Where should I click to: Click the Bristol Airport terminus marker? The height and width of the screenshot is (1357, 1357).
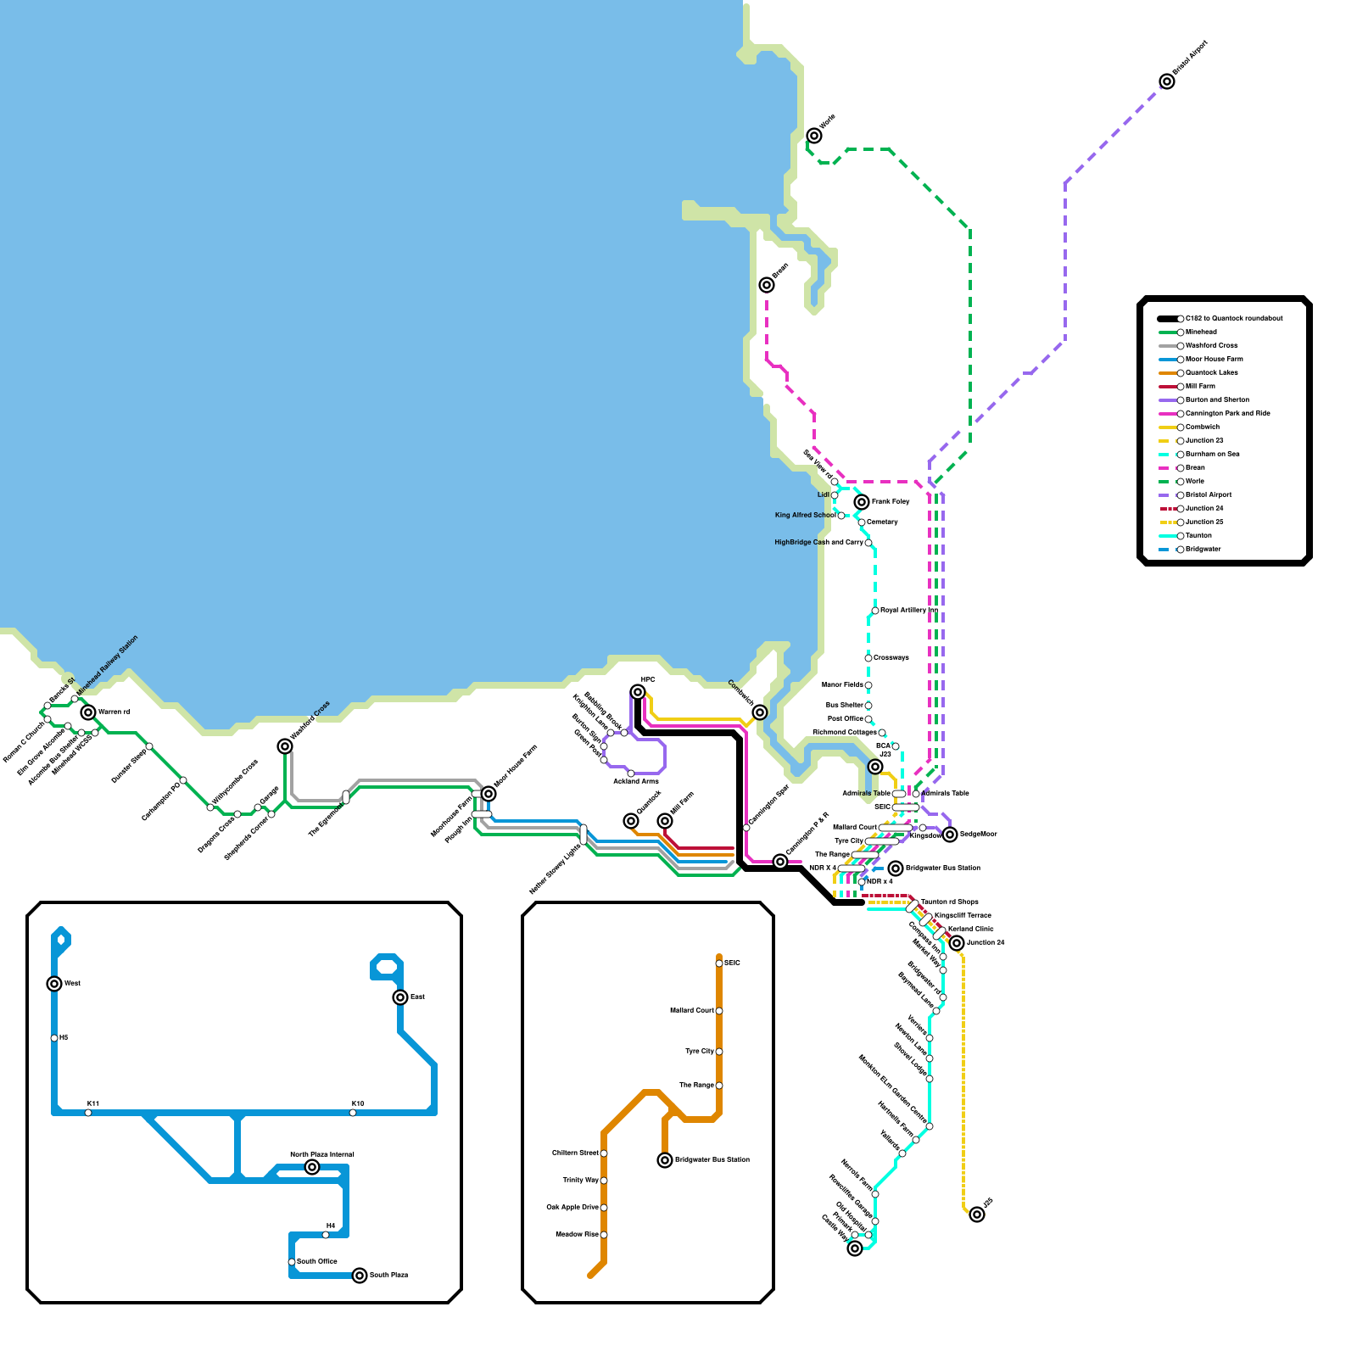[x=1167, y=81]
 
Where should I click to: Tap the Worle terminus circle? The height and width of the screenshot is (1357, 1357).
[x=814, y=136]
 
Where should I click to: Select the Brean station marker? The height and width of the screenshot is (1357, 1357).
[x=767, y=285]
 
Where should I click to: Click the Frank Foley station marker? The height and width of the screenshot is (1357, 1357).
[x=862, y=502]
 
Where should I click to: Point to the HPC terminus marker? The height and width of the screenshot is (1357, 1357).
[x=638, y=692]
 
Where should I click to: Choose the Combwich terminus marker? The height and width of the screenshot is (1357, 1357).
[x=760, y=712]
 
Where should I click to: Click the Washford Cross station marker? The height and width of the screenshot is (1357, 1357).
[x=285, y=746]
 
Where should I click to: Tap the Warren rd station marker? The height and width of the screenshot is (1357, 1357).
[x=88, y=712]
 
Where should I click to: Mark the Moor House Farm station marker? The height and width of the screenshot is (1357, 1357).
[x=489, y=794]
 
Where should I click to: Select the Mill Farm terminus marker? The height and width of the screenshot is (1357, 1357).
[x=665, y=821]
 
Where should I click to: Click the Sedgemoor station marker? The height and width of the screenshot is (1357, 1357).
[x=950, y=835]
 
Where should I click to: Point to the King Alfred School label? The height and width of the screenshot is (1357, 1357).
[x=805, y=515]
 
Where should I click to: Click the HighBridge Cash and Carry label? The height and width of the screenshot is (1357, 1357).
[x=818, y=542]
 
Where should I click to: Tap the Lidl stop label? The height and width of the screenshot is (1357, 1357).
[x=823, y=494]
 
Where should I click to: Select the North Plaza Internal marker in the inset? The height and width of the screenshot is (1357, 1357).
[x=312, y=1167]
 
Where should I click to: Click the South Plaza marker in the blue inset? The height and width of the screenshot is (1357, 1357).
[x=360, y=1276]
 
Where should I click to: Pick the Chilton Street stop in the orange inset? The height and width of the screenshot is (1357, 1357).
[x=604, y=1153]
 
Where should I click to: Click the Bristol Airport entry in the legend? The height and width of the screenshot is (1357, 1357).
[x=1208, y=494]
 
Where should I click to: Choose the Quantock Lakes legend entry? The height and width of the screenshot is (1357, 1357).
[x=1211, y=372]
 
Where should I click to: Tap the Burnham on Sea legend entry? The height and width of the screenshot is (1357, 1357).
[x=1212, y=454]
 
